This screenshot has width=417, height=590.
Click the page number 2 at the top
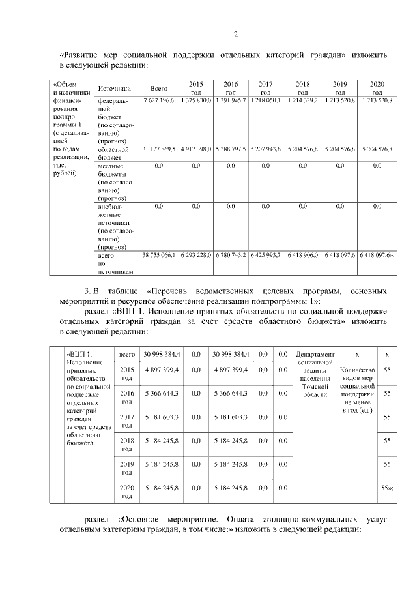point(236,35)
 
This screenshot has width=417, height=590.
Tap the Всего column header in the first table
point(159,89)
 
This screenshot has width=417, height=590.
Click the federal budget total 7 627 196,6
point(159,102)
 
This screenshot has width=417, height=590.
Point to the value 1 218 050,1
point(265,102)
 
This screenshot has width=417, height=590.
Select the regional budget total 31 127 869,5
point(159,149)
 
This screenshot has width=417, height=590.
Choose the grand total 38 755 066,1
point(159,255)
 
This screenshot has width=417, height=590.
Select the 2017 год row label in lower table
point(127,420)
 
